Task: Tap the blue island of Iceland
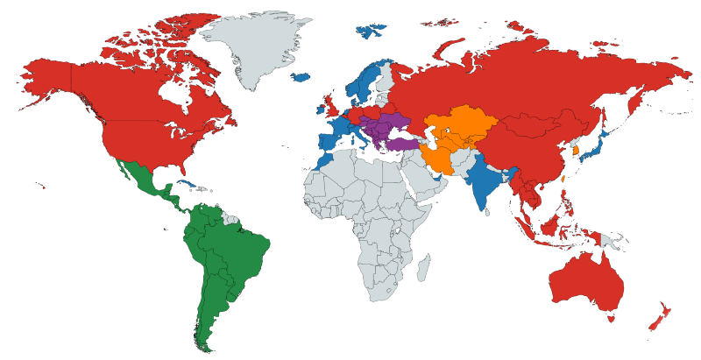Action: coord(301,77)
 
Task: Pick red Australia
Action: coord(585,279)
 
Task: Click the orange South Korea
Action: coord(576,150)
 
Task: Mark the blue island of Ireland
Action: coord(320,109)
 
